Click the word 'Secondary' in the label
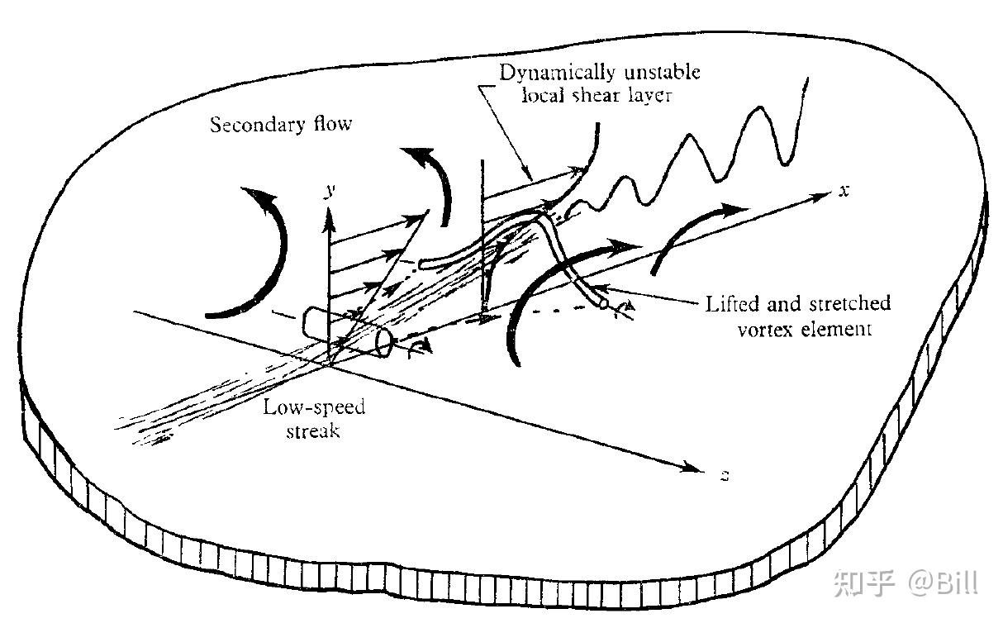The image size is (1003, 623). point(257,125)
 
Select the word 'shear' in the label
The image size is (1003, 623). point(595,96)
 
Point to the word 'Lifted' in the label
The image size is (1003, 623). point(733,304)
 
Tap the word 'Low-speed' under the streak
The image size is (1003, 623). point(314,407)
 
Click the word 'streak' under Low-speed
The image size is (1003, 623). point(313,430)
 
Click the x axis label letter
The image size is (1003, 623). point(844,192)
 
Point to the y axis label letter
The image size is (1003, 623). point(330,192)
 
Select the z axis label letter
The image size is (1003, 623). point(725,475)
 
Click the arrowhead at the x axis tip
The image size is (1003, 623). point(822,196)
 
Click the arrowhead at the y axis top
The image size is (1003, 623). point(329,220)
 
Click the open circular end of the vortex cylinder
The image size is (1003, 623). point(383,344)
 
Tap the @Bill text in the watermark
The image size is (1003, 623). point(943,583)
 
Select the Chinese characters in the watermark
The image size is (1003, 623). point(863,583)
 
